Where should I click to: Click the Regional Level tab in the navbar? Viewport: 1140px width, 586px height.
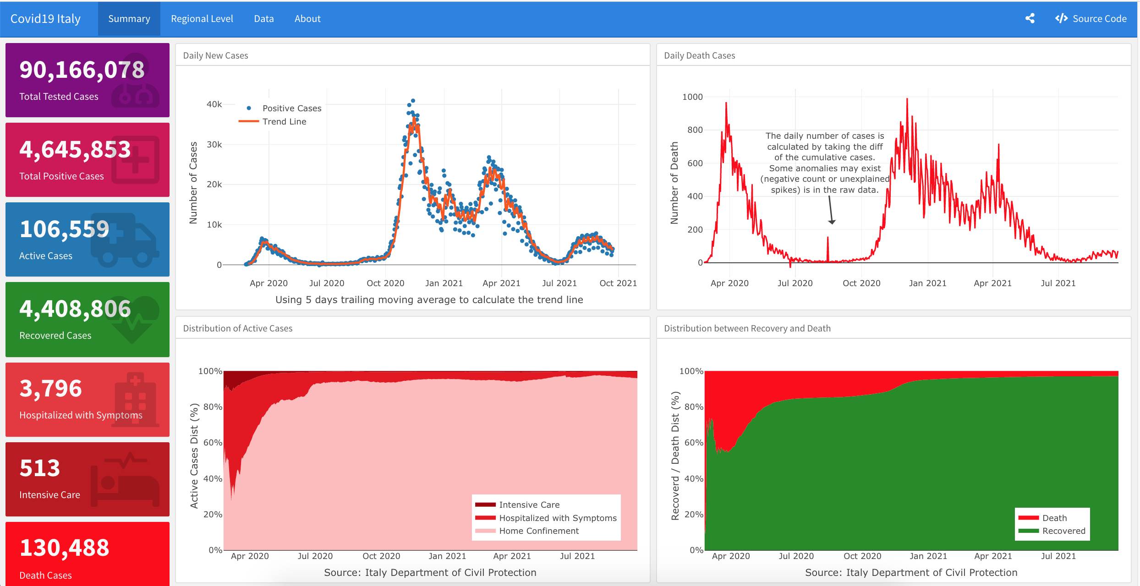202,19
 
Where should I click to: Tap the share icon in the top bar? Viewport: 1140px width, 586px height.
1030,19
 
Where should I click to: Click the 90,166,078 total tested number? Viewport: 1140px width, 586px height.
82,70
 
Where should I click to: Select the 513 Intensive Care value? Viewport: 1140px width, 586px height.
40,468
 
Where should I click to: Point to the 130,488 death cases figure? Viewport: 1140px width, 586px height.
64,548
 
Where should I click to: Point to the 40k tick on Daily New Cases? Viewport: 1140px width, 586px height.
214,104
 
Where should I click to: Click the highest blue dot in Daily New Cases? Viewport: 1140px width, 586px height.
413,101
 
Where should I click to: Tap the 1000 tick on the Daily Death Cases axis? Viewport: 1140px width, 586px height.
692,97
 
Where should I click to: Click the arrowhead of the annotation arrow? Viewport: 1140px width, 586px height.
832,222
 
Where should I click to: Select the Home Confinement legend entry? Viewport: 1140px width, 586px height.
538,531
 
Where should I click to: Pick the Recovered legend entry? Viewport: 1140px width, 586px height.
1063,531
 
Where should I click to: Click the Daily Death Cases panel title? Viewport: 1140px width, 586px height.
699,55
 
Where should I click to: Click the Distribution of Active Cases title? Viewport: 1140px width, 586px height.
237,328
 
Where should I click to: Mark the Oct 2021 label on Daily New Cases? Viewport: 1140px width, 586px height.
618,283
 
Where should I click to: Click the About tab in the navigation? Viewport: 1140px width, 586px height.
307,19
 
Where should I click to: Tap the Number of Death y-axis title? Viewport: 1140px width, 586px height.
674,183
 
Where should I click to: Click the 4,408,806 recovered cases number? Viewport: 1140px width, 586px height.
75,309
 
